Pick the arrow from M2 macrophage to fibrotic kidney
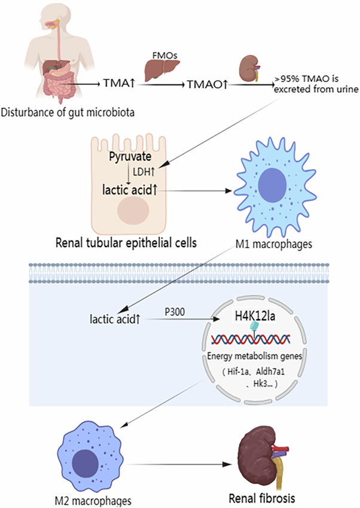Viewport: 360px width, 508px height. coord(179,464)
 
